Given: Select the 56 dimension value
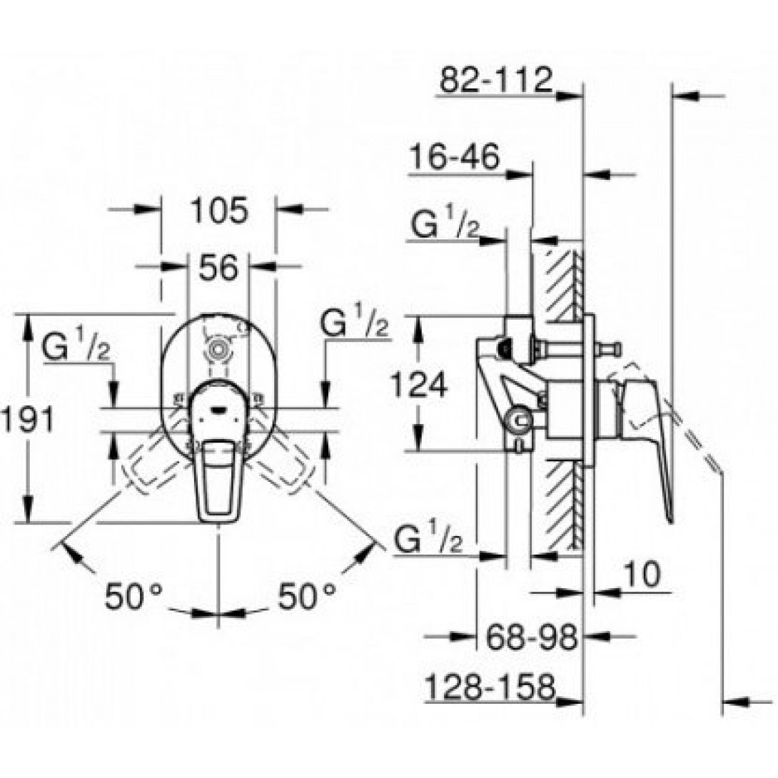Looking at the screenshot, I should pyautogui.click(x=218, y=268).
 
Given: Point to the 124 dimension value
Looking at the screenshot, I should pyautogui.click(x=419, y=385).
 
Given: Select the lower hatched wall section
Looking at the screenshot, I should pyautogui.click(x=563, y=503).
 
